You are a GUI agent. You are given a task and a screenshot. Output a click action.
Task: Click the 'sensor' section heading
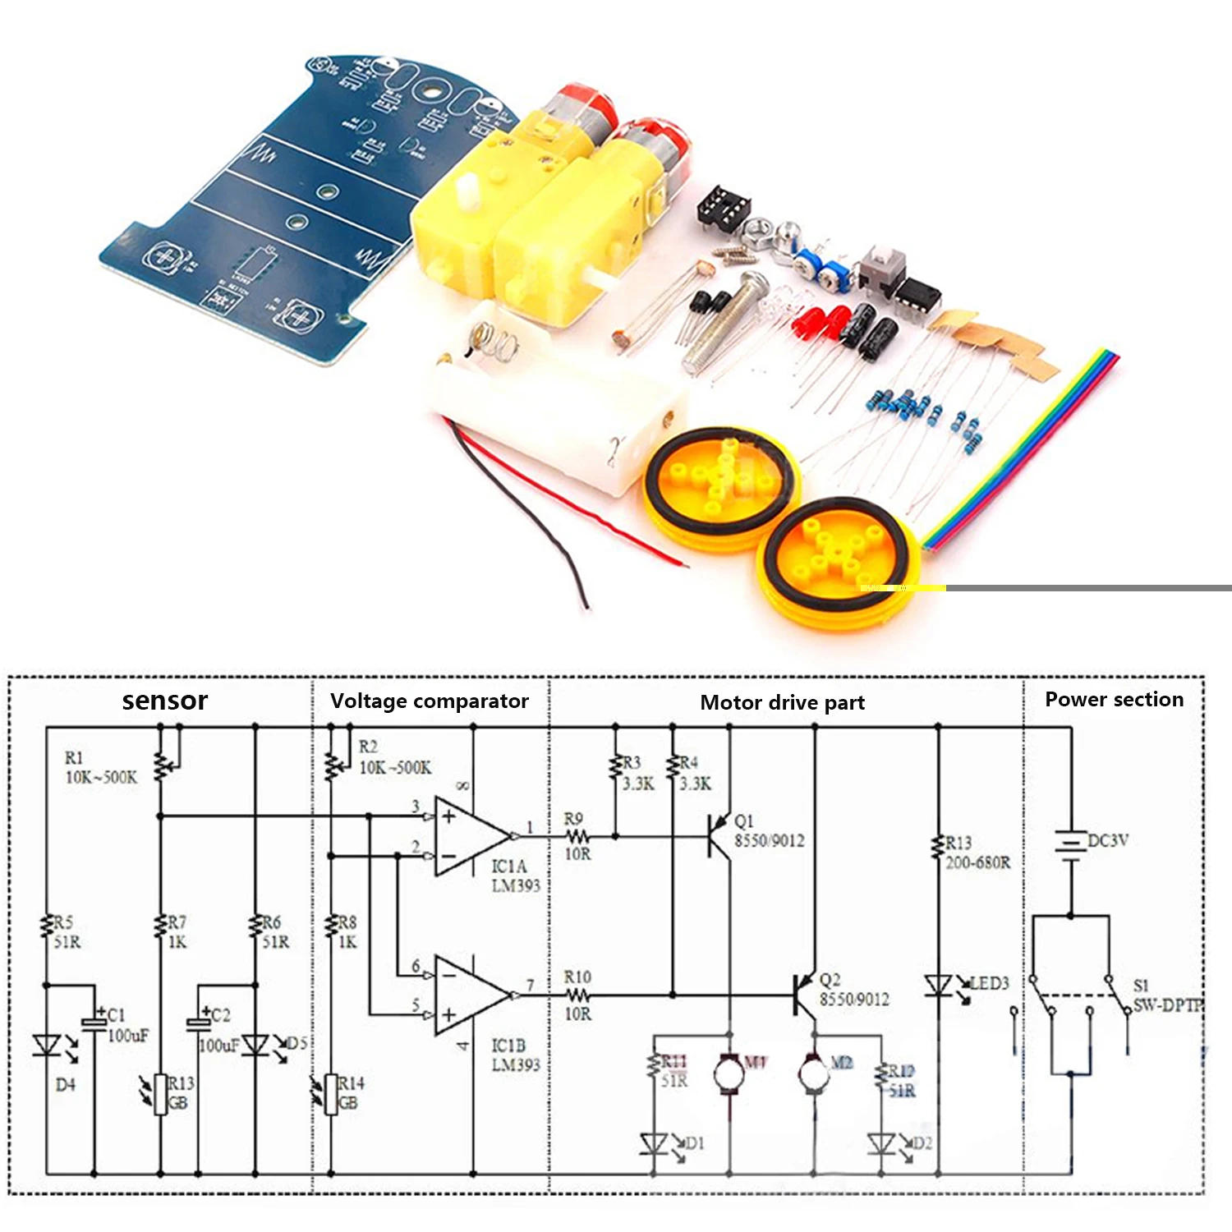tap(164, 701)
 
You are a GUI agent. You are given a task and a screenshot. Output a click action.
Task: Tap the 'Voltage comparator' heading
tap(429, 701)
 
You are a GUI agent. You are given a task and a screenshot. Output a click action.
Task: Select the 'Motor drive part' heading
tap(782, 702)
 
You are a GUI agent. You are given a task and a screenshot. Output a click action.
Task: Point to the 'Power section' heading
tap(1114, 699)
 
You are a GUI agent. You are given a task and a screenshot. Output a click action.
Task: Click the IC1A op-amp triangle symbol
tap(469, 836)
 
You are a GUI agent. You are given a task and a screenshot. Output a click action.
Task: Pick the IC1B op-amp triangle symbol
tap(469, 995)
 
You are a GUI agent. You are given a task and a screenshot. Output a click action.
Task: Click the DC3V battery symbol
tap(1070, 844)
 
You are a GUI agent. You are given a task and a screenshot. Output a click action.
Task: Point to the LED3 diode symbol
tap(938, 985)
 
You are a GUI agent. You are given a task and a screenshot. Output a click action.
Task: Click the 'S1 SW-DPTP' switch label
tap(1166, 995)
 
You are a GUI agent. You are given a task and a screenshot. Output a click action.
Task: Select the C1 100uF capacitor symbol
tap(94, 1023)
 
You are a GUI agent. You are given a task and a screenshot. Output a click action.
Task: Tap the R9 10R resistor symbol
tap(577, 836)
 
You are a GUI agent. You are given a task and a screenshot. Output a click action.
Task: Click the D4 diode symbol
tap(47, 1046)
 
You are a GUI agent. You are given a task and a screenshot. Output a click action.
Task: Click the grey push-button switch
tap(883, 267)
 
